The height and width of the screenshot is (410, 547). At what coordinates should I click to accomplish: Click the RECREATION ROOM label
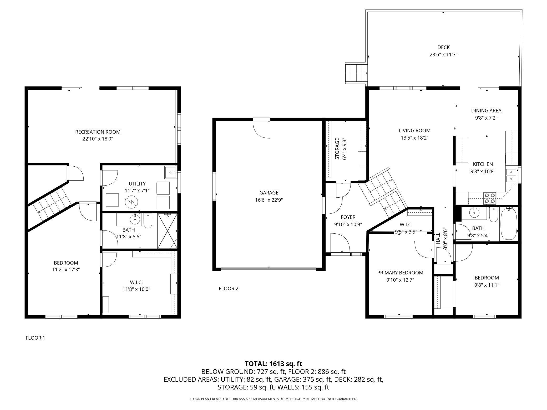click(x=98, y=132)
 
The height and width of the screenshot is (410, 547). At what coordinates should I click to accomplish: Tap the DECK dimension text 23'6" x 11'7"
click(x=443, y=55)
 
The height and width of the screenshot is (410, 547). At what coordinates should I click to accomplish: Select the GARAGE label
click(x=269, y=193)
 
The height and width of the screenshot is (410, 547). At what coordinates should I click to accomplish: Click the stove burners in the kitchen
click(x=490, y=198)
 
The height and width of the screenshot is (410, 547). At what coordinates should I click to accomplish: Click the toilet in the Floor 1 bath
click(x=148, y=221)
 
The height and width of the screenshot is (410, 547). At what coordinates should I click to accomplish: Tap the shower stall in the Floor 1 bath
click(x=168, y=231)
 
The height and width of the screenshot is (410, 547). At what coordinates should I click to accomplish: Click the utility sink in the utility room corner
click(x=171, y=172)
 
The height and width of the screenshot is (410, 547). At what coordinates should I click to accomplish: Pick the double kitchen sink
click(x=511, y=176)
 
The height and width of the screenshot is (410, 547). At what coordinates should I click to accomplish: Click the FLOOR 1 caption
click(x=35, y=338)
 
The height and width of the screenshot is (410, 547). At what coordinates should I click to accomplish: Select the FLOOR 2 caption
click(x=229, y=289)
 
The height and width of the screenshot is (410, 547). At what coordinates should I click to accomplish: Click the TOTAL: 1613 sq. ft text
click(x=273, y=364)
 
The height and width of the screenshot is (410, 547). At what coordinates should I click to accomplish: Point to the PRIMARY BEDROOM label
click(x=400, y=273)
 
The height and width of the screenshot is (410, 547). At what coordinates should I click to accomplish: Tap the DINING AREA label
click(x=486, y=111)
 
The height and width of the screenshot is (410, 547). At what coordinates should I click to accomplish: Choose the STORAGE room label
click(x=337, y=149)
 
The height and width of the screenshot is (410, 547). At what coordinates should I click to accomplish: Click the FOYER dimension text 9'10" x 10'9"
click(x=348, y=224)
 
